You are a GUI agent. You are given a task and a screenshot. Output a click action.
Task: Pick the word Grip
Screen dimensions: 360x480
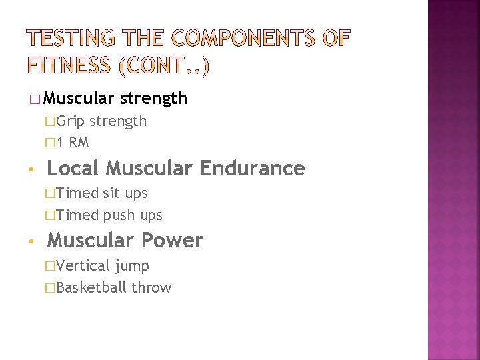click(72, 121)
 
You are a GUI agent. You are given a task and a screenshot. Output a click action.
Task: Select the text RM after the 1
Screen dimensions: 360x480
click(79, 143)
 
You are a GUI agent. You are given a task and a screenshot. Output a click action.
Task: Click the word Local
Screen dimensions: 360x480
click(73, 168)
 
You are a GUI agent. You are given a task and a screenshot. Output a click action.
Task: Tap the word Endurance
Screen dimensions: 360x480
click(253, 168)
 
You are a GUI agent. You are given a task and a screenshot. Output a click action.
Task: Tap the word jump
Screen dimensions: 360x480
click(132, 267)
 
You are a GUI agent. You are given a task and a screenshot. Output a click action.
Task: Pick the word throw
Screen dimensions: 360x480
click(151, 288)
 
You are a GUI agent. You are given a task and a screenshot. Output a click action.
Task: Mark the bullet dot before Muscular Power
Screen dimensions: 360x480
click(33, 241)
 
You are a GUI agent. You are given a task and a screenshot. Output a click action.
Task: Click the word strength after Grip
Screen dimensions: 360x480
click(118, 121)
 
